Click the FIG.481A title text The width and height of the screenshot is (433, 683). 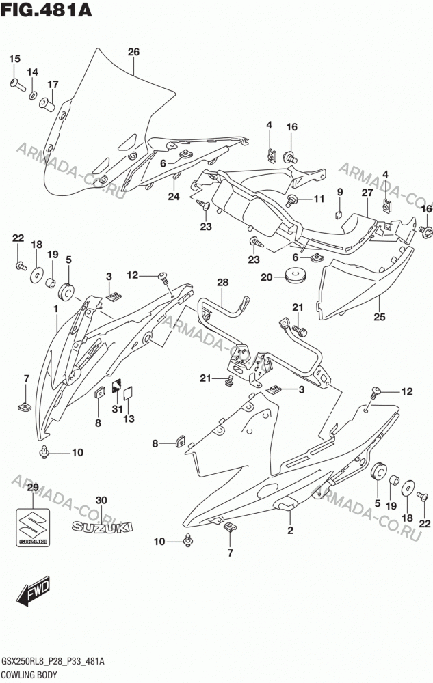(47, 10)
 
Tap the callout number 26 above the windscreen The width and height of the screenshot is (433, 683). (133, 52)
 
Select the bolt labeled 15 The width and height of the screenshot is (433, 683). (18, 84)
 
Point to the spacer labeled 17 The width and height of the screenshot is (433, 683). (47, 104)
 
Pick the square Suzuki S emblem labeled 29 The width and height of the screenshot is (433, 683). (33, 527)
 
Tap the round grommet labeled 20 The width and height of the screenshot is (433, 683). (296, 276)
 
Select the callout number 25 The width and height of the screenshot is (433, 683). (380, 316)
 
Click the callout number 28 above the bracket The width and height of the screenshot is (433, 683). (223, 282)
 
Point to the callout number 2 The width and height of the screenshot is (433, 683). (291, 530)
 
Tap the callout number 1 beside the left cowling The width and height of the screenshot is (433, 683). (56, 309)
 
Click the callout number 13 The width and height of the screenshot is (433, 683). (129, 419)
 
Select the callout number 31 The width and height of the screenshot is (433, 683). (117, 409)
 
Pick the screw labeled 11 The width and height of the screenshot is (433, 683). (291, 200)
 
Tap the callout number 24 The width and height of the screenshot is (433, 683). (174, 197)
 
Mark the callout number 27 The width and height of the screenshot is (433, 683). (367, 192)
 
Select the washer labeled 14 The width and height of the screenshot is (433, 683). (33, 95)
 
